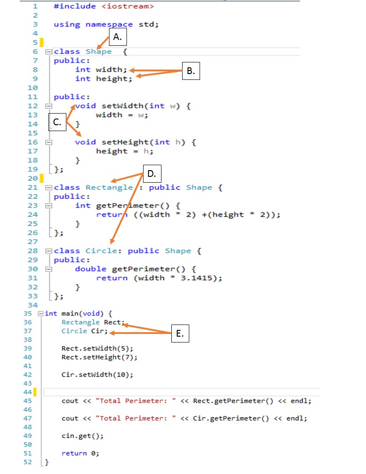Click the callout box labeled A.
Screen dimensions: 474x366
coord(118,38)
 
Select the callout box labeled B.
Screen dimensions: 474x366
coord(191,71)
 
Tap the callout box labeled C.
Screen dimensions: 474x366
coord(57,122)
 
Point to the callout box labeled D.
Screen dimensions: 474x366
coord(152,174)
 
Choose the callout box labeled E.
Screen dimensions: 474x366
coord(180,334)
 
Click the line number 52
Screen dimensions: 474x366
coord(27,461)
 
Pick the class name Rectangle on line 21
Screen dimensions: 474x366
coord(109,187)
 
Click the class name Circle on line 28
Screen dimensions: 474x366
coord(101,250)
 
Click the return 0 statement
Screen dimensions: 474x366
coord(80,453)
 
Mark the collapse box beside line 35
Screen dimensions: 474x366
coord(41,313)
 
